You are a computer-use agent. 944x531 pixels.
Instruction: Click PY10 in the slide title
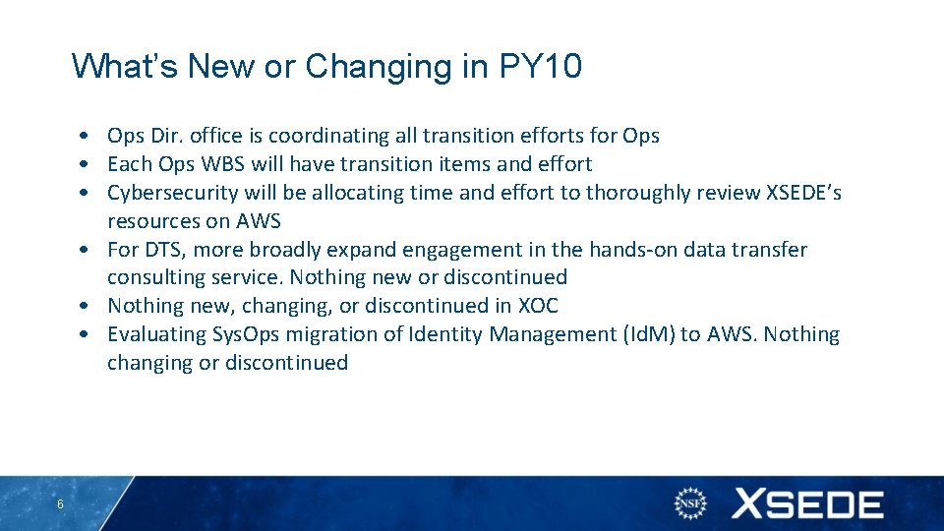pyautogui.click(x=541, y=67)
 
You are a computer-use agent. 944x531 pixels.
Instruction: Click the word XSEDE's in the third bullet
pyautogui.click(x=802, y=193)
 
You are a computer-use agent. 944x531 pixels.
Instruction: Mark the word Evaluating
pyautogui.click(x=156, y=334)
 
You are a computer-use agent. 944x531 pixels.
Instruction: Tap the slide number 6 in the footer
pyautogui.click(x=61, y=504)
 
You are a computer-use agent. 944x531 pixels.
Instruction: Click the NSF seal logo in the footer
pyautogui.click(x=690, y=504)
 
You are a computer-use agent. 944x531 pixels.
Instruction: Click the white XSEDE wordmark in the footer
pyautogui.click(x=806, y=504)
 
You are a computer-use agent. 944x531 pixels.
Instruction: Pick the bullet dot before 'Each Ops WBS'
pyautogui.click(x=88, y=164)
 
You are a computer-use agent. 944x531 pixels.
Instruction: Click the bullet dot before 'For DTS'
pyautogui.click(x=88, y=250)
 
